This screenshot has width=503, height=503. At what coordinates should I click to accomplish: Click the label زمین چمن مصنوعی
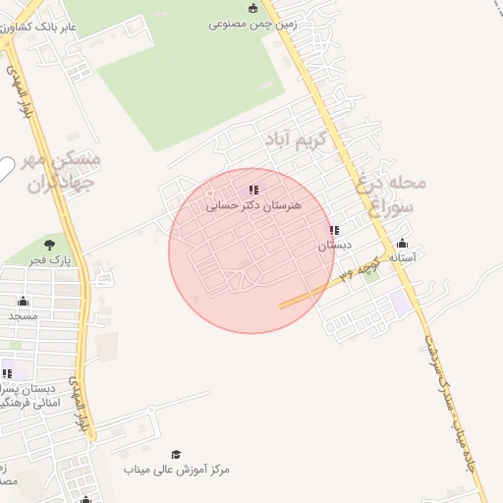point(252,25)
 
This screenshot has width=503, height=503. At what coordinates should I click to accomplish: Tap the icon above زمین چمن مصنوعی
point(253,8)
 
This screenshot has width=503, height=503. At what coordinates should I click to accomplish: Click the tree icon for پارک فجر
point(50,244)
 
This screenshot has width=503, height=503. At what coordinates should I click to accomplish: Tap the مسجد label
point(22,317)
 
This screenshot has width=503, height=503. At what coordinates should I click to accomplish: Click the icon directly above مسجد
point(23,301)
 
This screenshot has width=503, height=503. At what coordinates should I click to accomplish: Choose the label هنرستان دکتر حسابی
point(253,207)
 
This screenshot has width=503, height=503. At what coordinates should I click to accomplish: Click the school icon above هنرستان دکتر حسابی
point(253,191)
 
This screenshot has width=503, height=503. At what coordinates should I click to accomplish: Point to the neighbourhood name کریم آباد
point(298,141)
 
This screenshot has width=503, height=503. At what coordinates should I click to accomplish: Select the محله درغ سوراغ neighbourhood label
point(394,194)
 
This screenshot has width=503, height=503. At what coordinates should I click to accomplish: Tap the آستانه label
point(403,257)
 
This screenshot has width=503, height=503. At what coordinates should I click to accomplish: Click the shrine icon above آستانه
point(402,243)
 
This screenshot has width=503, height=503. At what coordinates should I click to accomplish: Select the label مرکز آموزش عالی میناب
point(177,470)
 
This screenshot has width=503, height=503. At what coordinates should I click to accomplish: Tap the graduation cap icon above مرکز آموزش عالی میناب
point(177,454)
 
